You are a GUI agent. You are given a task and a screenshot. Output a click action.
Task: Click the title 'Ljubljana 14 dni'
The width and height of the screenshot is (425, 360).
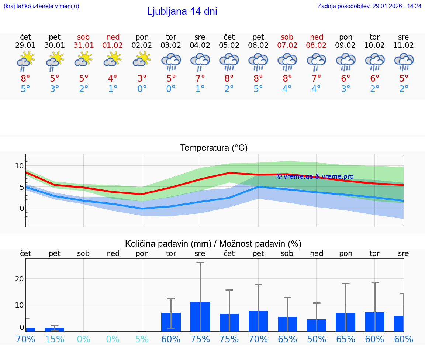182,11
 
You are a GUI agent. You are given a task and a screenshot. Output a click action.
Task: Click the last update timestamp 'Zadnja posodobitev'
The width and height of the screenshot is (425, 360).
369,6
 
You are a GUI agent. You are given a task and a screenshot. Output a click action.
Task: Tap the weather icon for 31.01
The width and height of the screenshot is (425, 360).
84,59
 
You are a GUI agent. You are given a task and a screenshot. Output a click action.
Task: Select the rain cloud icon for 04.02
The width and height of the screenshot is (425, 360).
200,61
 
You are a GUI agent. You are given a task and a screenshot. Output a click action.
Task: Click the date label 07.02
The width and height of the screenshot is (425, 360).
287,45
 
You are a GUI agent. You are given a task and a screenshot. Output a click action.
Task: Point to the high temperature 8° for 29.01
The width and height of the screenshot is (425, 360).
25,79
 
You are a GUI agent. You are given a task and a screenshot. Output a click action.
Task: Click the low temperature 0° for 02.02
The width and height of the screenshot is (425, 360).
142,89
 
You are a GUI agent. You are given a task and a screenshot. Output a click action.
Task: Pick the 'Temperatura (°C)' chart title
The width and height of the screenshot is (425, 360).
214,148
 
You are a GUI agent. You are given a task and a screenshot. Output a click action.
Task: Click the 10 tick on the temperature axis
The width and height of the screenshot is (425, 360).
19,166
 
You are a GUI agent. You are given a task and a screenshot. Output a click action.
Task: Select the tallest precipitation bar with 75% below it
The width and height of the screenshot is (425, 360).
200,316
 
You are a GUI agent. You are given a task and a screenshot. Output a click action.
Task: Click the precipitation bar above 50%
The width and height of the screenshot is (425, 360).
316,325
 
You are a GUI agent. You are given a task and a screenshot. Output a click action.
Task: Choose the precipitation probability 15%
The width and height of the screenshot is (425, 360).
55,339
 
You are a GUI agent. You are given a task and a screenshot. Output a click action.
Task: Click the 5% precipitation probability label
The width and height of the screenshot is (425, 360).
142,339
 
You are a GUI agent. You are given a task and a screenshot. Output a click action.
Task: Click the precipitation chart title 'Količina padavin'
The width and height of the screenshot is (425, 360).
213,244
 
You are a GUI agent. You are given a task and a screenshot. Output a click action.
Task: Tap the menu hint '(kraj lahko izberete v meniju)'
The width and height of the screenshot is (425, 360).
41,6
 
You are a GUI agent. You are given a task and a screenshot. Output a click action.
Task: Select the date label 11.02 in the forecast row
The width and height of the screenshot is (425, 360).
404,45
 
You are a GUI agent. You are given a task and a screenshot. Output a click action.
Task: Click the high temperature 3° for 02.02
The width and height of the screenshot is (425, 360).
142,79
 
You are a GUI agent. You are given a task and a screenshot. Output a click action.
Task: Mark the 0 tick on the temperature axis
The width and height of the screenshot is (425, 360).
21,208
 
